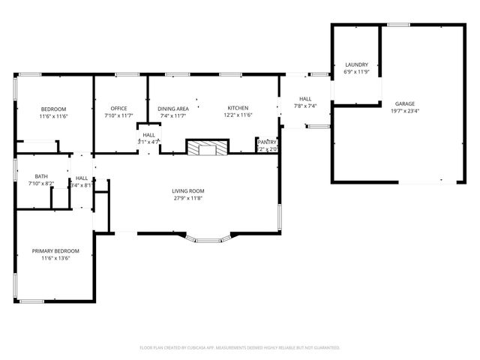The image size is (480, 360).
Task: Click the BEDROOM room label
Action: point(53,109)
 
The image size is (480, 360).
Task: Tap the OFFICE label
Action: point(118,109)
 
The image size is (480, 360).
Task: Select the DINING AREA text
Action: point(172,109)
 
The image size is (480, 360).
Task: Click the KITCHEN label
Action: point(238,109)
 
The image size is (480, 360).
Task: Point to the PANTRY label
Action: point(267,142)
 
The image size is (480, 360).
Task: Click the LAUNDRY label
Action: point(356,65)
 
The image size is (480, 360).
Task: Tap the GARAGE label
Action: point(405,103)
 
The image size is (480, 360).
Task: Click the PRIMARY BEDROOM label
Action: point(55,251)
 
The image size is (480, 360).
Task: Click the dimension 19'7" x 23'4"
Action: point(405,110)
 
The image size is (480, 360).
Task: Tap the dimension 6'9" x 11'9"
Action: point(356,72)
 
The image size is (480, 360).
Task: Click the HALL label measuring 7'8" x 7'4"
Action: point(305,99)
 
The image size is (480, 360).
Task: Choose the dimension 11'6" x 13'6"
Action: point(55,258)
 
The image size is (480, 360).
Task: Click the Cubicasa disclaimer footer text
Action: point(240,347)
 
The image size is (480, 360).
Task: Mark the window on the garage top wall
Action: point(398,25)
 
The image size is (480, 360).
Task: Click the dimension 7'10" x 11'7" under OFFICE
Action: point(118,115)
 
